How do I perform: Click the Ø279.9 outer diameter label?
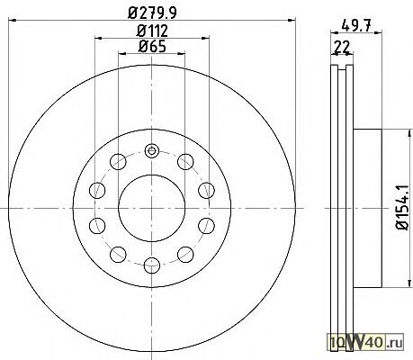(x=152, y=13)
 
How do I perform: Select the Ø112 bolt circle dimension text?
(x=152, y=31)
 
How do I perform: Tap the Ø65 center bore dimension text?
(x=152, y=46)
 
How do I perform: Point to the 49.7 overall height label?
(x=356, y=24)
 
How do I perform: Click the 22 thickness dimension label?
(x=342, y=47)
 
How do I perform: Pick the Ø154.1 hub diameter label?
(x=402, y=208)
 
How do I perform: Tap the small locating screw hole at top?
(x=151, y=150)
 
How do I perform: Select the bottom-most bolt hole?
(x=151, y=265)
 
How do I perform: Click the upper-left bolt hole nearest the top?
(x=118, y=162)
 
